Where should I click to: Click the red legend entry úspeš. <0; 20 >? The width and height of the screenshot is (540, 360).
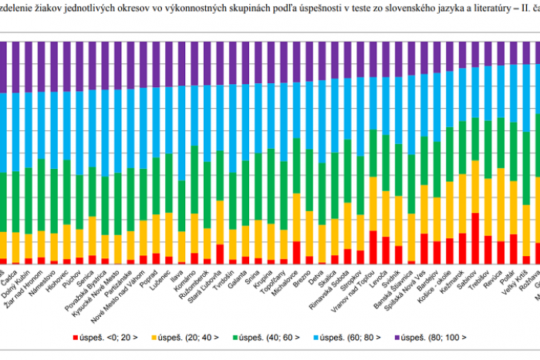pyautogui.click(x=105, y=336)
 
